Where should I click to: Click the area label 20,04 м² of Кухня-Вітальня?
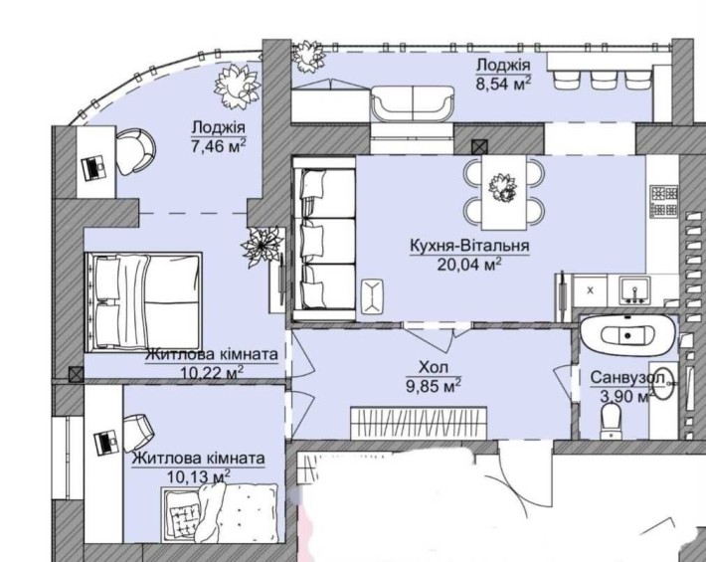(469, 265)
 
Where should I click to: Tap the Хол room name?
(434, 367)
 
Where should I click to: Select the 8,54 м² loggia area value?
(504, 84)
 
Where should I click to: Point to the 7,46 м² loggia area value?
(219, 146)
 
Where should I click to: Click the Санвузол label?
(627, 377)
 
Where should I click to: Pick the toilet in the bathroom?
(611, 421)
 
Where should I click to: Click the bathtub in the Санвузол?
(628, 335)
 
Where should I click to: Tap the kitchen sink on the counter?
(634, 290)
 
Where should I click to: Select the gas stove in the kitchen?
(663, 200)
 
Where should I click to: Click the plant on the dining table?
(503, 187)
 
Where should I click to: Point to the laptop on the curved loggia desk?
(94, 168)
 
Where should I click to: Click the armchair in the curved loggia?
(135, 151)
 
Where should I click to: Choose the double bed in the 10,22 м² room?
(143, 301)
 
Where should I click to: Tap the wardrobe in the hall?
(419, 423)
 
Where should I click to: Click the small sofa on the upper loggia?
(412, 103)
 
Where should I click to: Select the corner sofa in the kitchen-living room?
(324, 239)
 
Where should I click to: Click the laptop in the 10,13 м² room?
(106, 443)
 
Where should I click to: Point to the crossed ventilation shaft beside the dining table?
(479, 146)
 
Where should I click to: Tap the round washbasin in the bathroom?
(663, 383)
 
